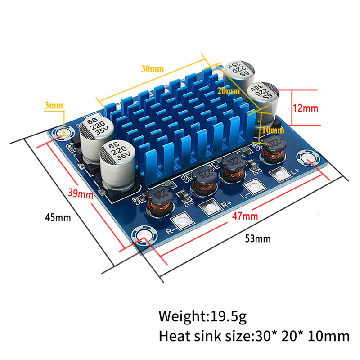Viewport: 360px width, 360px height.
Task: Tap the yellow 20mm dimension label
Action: click(x=228, y=91)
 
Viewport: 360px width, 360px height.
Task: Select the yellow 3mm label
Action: click(x=54, y=106)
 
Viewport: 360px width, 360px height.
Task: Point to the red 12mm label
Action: click(x=306, y=108)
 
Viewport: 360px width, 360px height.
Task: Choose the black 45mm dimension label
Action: click(x=58, y=217)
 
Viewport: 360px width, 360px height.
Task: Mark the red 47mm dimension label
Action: click(x=246, y=217)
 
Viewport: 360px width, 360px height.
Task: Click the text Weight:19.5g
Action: click(x=202, y=316)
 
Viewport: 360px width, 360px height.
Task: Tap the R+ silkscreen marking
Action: click(x=227, y=205)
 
